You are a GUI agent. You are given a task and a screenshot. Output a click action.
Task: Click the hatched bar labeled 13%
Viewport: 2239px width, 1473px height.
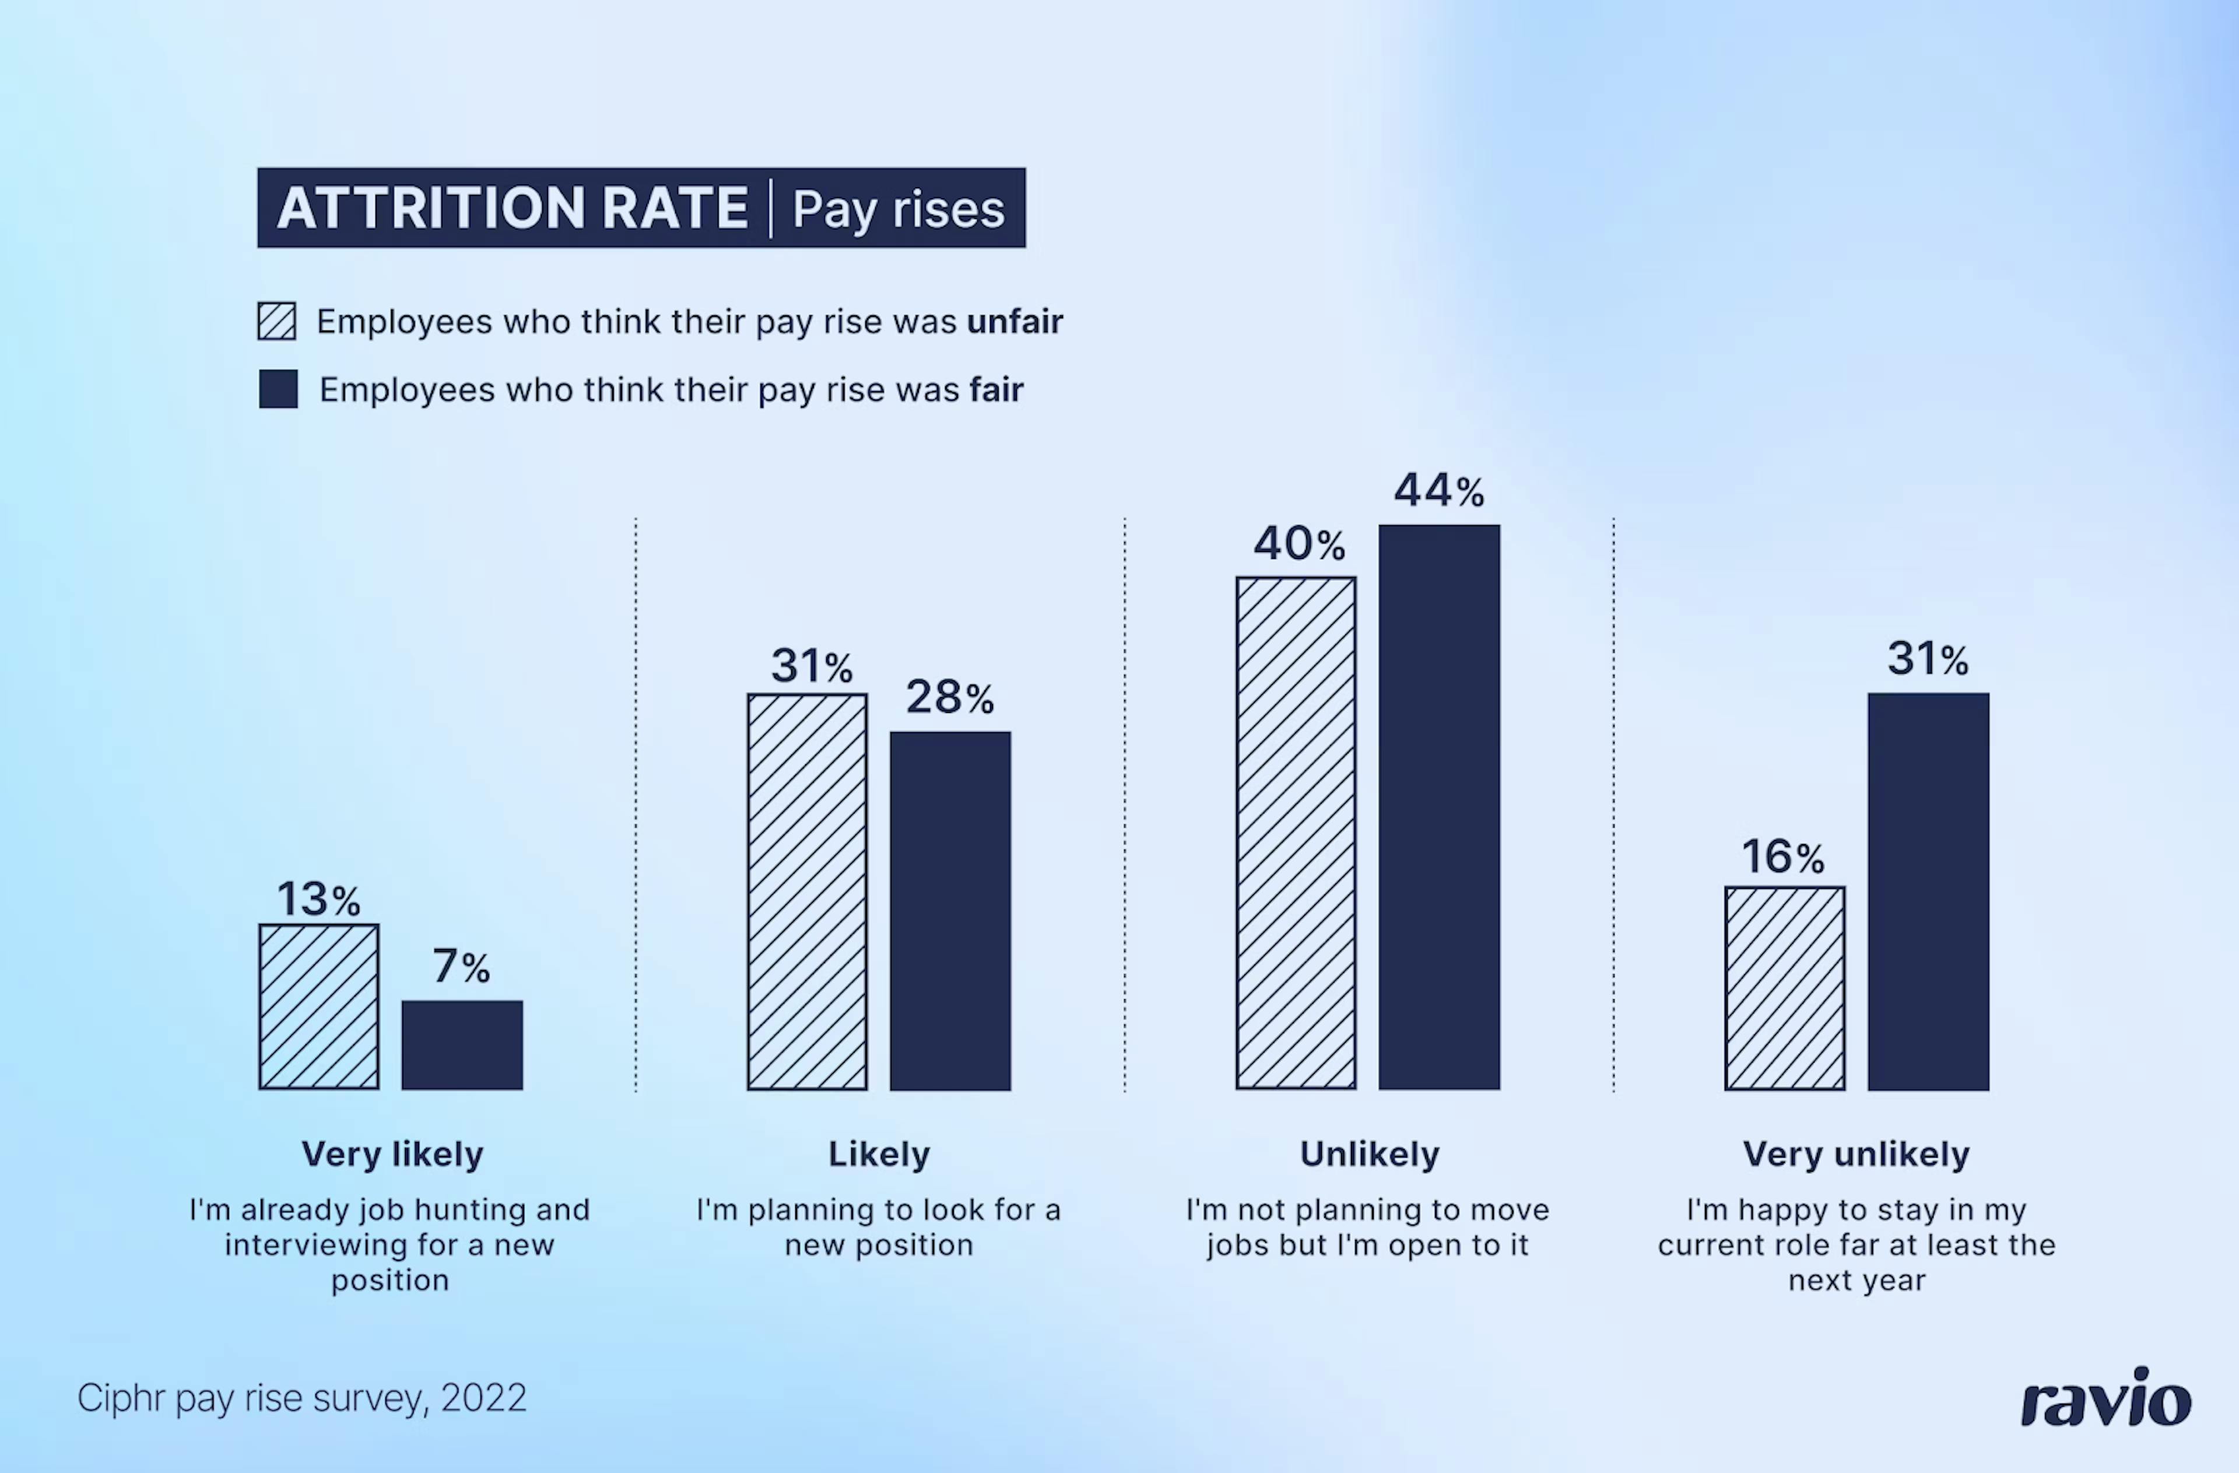(x=319, y=1007)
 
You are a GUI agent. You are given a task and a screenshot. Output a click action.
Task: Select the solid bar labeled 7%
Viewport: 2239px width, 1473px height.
(x=462, y=1045)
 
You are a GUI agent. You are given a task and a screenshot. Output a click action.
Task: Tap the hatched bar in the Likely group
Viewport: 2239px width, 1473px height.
(x=807, y=892)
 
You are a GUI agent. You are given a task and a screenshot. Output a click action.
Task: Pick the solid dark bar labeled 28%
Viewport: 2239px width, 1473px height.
(x=950, y=910)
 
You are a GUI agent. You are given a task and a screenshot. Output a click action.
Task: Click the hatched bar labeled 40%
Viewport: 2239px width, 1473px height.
(x=1296, y=834)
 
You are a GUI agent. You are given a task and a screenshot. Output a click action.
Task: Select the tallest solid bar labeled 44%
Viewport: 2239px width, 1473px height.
(x=1440, y=807)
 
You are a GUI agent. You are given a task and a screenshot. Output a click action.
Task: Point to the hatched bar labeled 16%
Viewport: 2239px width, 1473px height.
(x=1785, y=987)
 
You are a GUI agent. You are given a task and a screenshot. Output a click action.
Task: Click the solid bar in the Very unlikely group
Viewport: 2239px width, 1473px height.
(x=1929, y=892)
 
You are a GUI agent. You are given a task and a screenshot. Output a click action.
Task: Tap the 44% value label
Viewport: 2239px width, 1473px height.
(x=1438, y=490)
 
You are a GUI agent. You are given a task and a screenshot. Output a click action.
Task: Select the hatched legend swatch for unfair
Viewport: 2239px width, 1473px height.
(x=276, y=321)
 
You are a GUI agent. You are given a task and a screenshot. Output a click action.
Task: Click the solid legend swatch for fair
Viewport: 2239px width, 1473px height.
(x=279, y=388)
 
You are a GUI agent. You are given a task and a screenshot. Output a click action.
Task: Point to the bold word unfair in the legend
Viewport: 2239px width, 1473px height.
(x=1014, y=322)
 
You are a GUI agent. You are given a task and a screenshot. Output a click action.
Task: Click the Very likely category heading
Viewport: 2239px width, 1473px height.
(x=392, y=1154)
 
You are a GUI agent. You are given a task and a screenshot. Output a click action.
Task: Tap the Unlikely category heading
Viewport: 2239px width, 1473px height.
(x=1369, y=1154)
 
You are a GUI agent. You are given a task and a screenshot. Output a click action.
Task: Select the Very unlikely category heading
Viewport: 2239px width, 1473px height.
(x=1856, y=1154)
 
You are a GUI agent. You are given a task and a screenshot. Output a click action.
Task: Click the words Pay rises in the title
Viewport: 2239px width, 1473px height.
(x=899, y=209)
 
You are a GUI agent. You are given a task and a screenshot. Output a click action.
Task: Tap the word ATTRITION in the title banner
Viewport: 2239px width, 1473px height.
(x=433, y=208)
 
